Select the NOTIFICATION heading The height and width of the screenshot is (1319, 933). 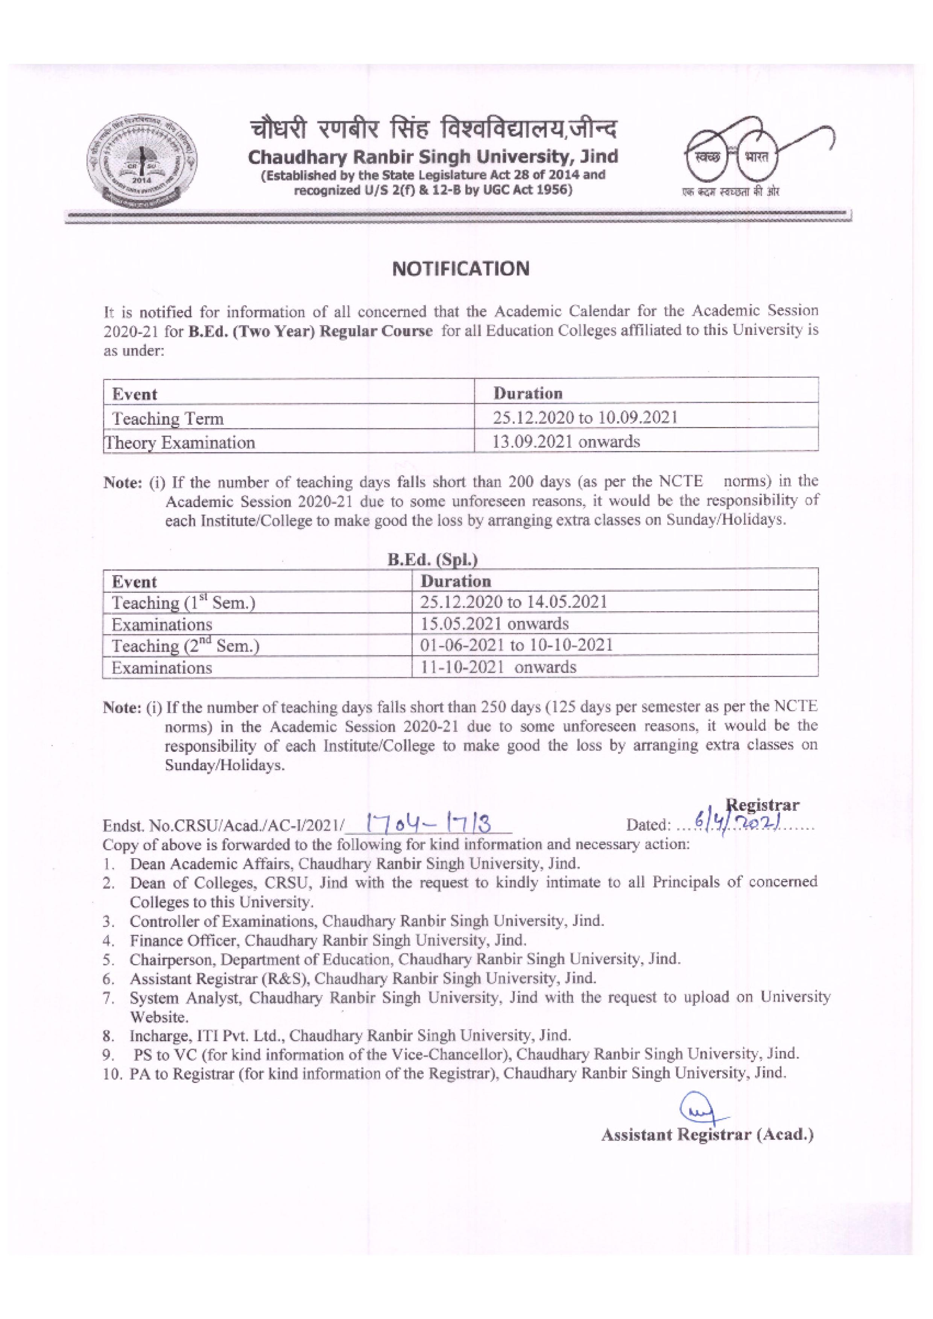[460, 269]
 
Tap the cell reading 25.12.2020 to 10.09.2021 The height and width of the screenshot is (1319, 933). [585, 418]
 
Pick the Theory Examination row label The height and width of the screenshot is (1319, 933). [179, 442]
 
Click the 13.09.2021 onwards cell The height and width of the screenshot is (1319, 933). [566, 442]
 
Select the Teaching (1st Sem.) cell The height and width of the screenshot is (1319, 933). [183, 603]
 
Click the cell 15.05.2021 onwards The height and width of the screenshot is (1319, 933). [494, 624]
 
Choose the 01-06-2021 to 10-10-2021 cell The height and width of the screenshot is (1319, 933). [516, 645]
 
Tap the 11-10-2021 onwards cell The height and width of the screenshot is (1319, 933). [498, 667]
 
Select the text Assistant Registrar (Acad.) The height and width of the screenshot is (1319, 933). [707, 1134]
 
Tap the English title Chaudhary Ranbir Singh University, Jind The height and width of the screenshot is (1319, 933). [433, 156]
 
